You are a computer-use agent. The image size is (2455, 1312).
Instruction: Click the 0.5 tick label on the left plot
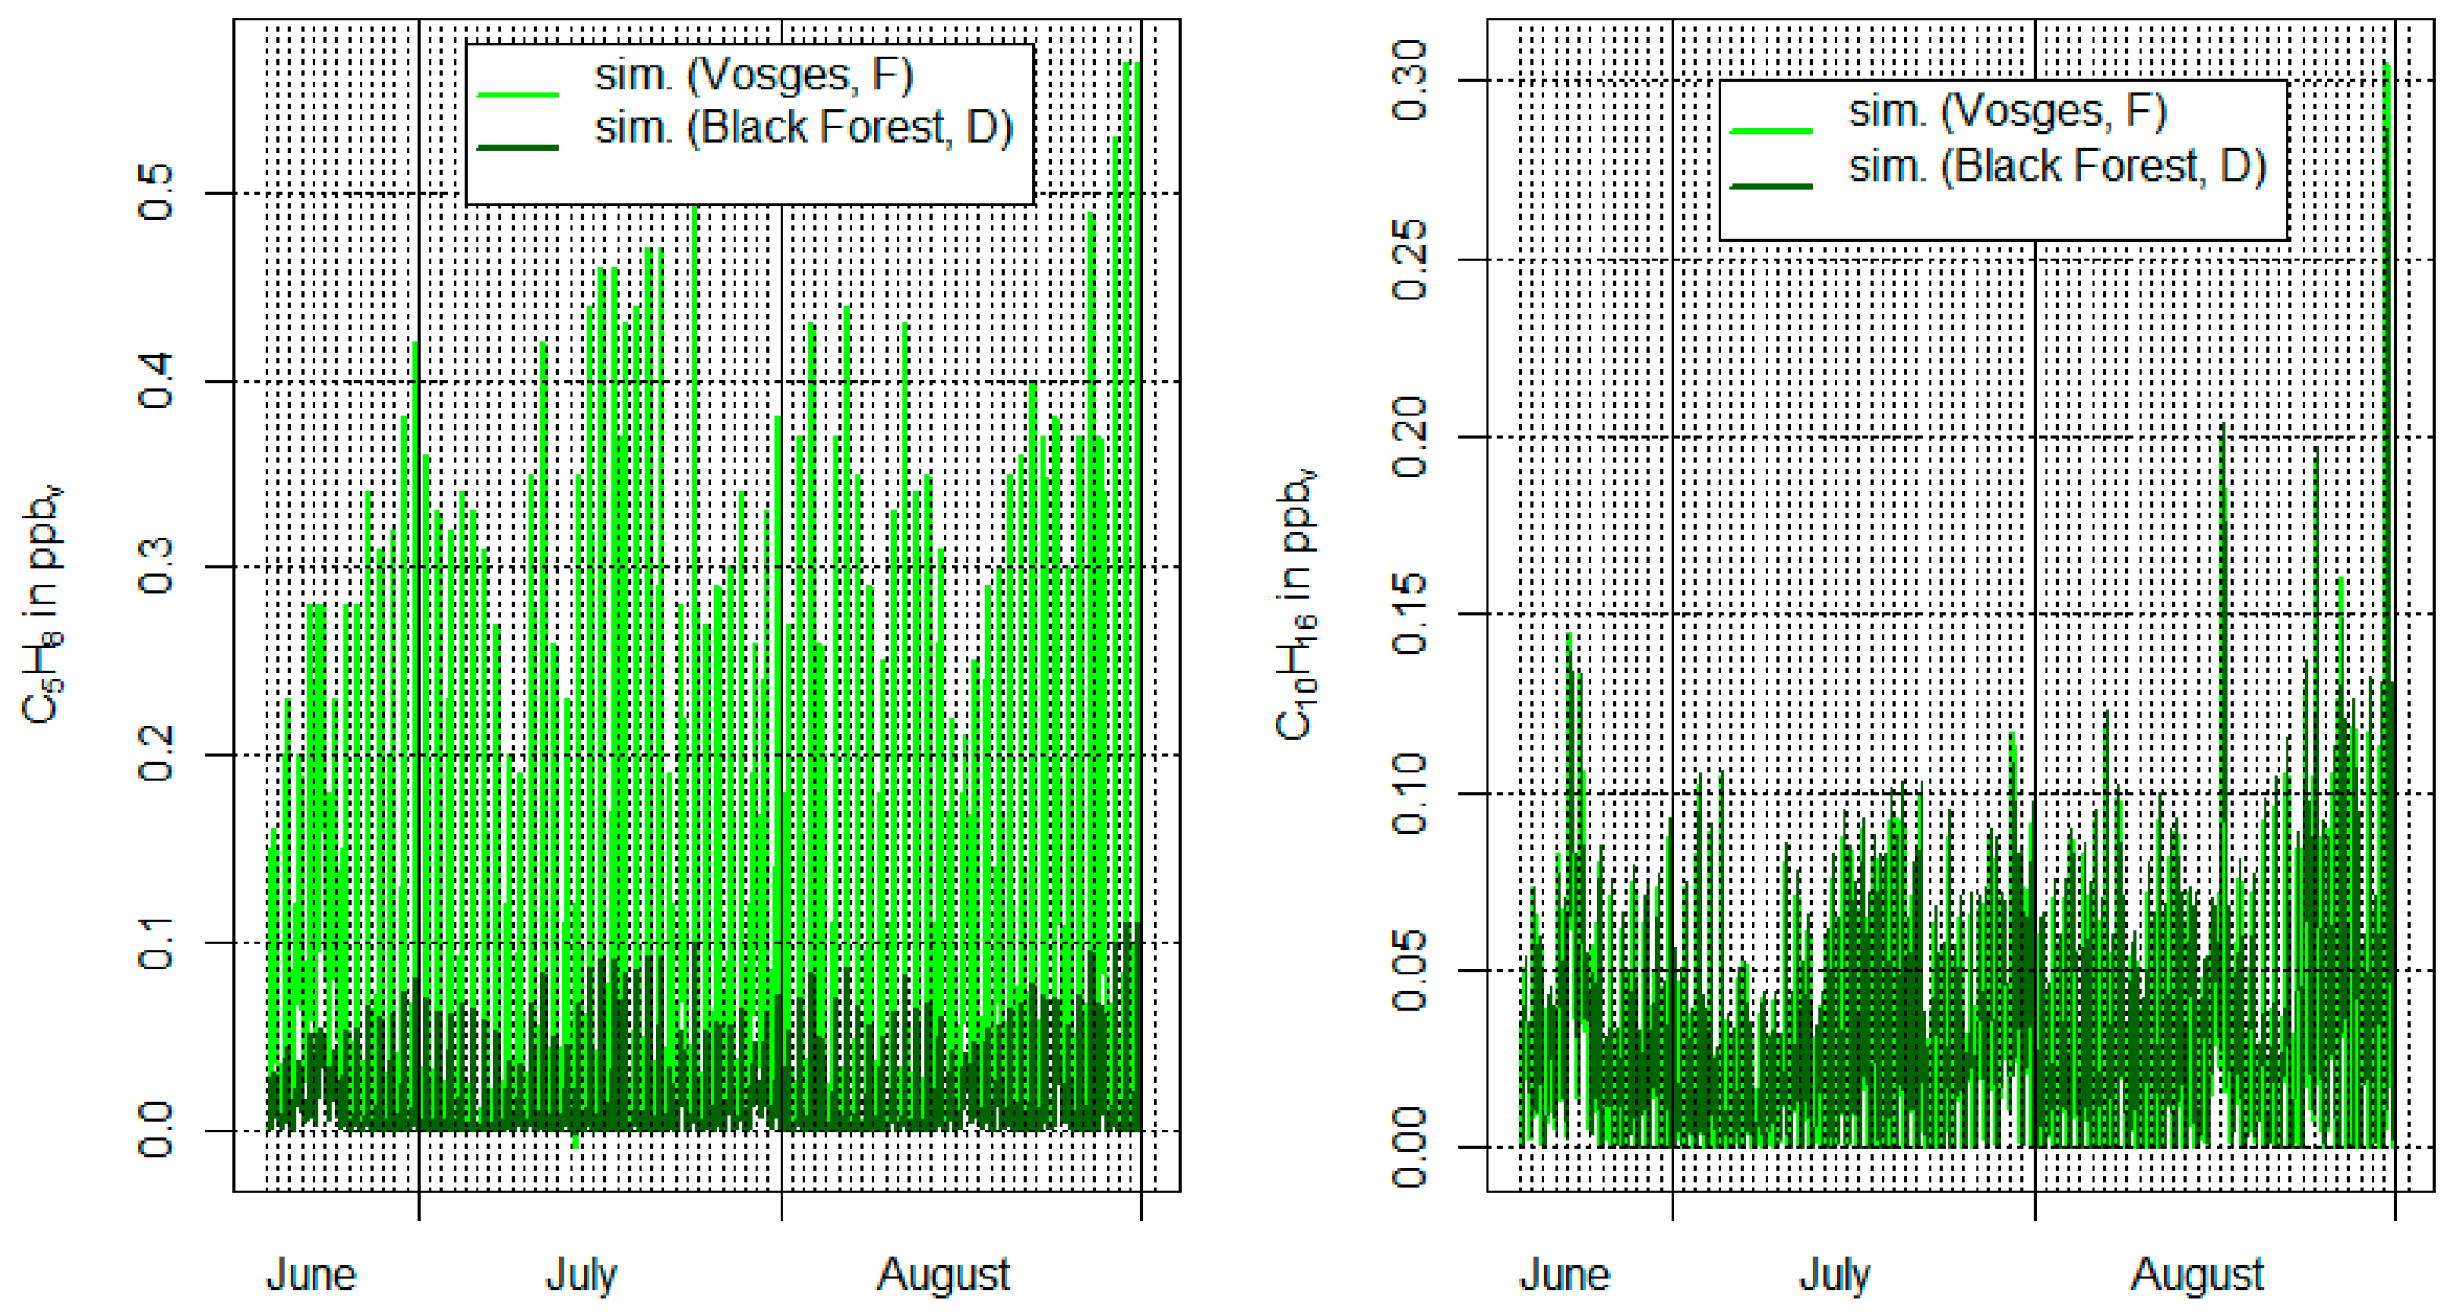click(156, 192)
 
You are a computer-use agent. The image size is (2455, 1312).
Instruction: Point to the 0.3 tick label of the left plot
click(156, 567)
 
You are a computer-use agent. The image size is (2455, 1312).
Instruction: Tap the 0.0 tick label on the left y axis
click(156, 1130)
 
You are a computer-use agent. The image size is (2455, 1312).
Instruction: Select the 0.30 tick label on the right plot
click(1410, 80)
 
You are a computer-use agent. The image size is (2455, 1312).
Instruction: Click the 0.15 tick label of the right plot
click(1410, 614)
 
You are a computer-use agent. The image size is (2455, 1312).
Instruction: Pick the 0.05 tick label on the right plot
click(1410, 970)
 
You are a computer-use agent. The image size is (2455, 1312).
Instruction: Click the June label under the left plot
click(311, 1274)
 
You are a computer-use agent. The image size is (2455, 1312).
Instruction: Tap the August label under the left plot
click(943, 1274)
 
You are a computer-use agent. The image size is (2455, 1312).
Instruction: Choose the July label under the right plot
click(1834, 1274)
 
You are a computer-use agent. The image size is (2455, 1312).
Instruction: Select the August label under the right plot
click(2195, 1274)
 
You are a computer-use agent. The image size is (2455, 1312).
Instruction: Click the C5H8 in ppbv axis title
click(43, 605)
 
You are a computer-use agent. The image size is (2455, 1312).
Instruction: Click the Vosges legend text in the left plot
click(754, 75)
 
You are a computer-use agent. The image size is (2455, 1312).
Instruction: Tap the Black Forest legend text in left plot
click(804, 128)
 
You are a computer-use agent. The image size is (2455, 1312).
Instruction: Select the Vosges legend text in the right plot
click(2007, 112)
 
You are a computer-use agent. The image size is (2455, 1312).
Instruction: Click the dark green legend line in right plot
click(1770, 186)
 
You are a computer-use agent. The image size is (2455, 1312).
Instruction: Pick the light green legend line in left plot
click(517, 94)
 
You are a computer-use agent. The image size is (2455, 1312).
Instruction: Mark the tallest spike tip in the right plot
click(2387, 65)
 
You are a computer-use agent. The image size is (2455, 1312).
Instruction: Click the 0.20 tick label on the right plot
click(1410, 437)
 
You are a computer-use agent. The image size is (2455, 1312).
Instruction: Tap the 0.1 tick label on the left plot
click(156, 943)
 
